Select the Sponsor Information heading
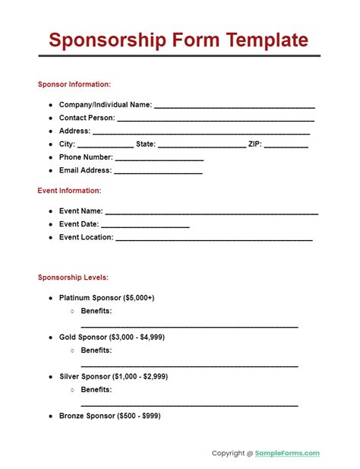74,84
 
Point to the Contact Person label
87,118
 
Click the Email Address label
85,170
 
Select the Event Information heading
69,191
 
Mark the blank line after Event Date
145,226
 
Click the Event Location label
86,237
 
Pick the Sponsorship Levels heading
73,277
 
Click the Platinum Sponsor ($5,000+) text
107,297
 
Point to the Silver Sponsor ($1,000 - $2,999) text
114,376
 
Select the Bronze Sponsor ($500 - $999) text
110,416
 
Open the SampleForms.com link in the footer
288,454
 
